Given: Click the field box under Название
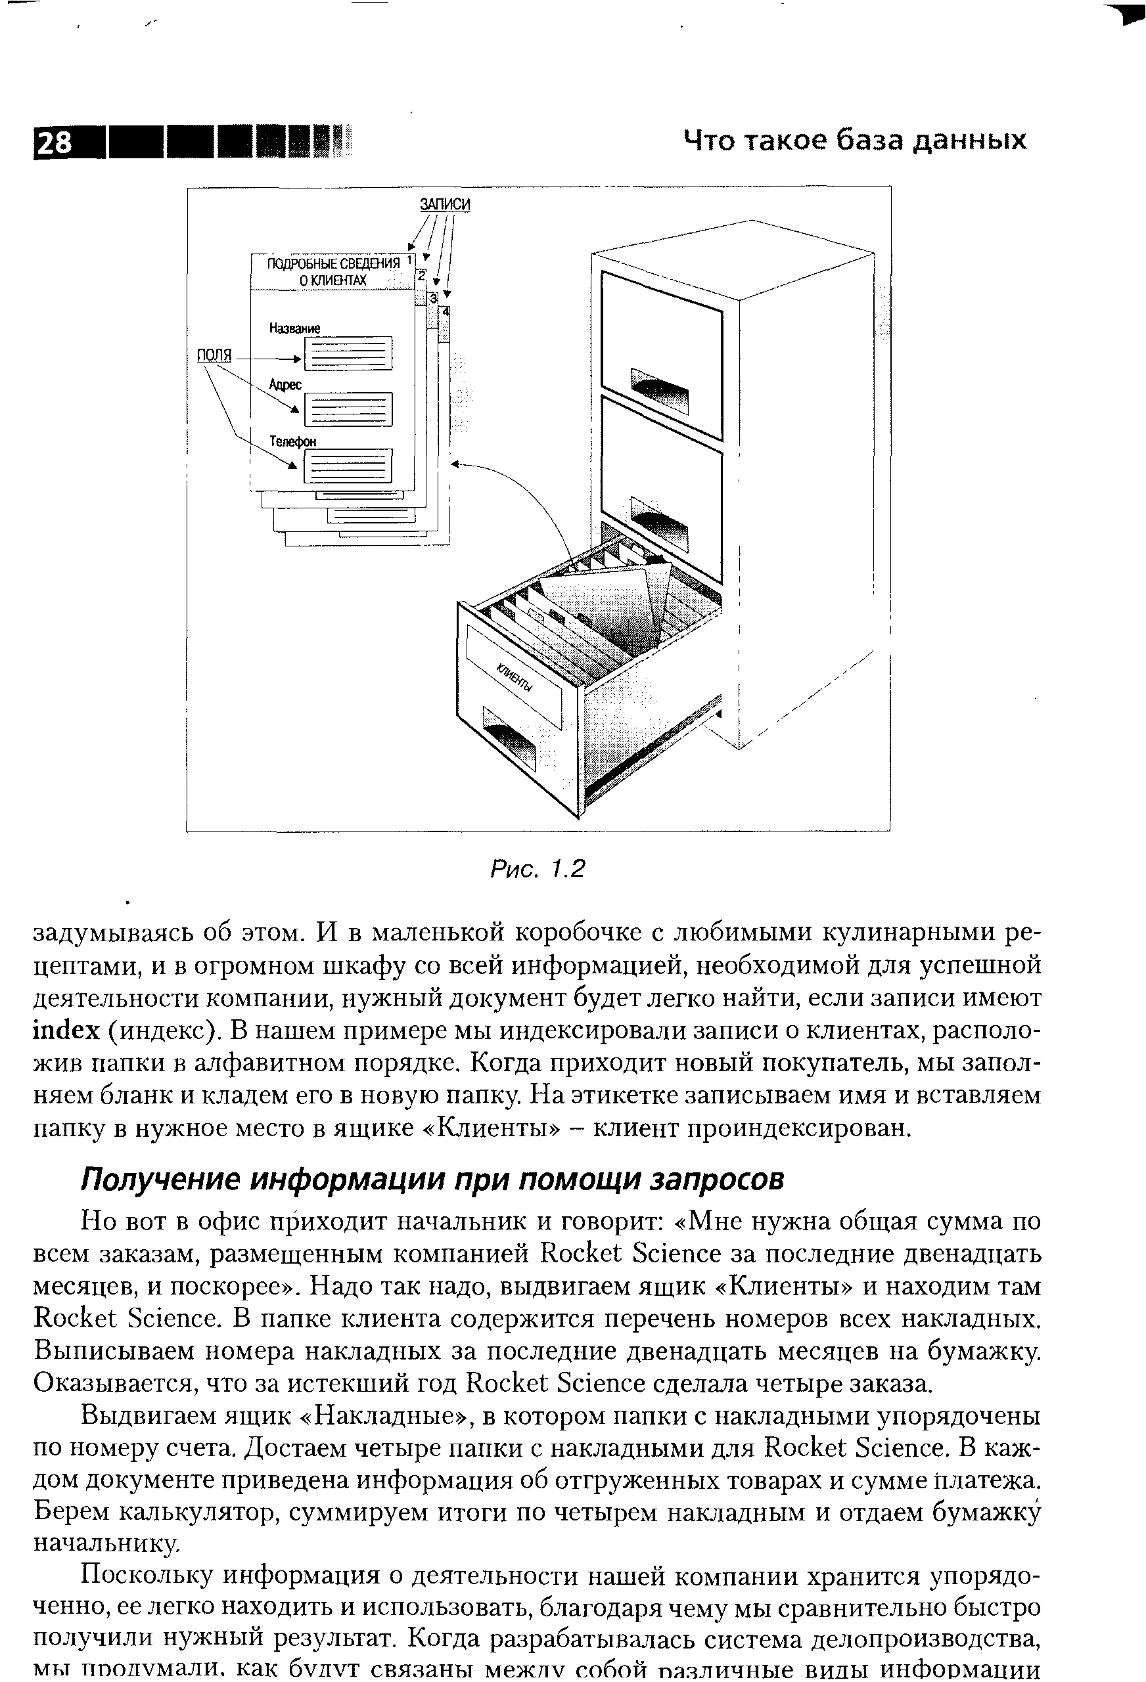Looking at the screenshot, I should coord(348,354).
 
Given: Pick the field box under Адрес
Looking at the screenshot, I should coord(348,410).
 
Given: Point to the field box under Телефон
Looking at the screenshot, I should coord(348,466).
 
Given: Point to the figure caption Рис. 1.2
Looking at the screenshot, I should coord(537,868).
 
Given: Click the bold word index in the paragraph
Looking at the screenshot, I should coord(66,1030).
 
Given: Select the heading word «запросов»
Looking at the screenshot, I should coord(718,1180).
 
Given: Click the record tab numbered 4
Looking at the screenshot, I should coord(446,311).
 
